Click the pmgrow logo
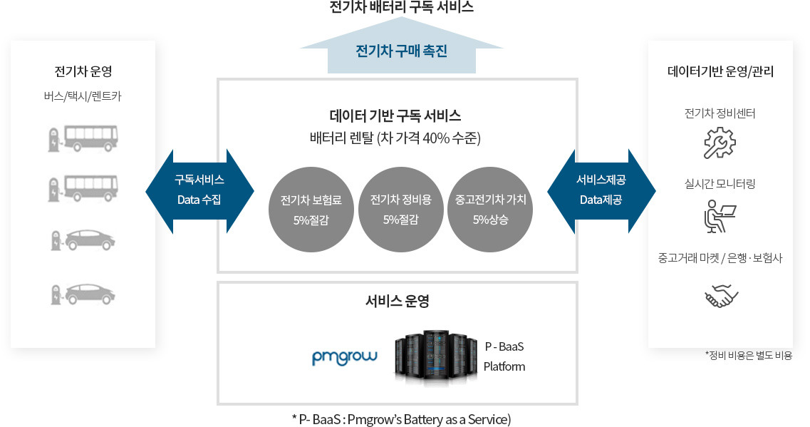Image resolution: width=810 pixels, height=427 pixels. tap(345, 356)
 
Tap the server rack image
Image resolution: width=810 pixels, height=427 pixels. tap(435, 357)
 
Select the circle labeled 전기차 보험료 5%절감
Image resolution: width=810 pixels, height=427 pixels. tap(311, 210)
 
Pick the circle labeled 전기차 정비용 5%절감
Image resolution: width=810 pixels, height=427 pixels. tap(400, 210)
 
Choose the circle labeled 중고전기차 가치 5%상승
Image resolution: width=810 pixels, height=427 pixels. tap(490, 210)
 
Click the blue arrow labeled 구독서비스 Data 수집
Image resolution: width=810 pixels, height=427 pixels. tap(199, 190)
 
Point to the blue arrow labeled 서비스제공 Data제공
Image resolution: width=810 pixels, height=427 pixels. tap(601, 190)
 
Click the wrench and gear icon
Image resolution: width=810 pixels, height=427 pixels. tap(720, 142)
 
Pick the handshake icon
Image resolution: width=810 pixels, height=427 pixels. tap(721, 296)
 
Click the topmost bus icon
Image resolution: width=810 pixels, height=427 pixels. tap(83, 139)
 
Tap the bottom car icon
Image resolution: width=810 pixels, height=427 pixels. tap(83, 294)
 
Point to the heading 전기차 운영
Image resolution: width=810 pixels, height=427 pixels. tap(83, 72)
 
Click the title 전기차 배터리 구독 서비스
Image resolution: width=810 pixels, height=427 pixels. tap(401, 8)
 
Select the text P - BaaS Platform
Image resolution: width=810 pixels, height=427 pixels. tap(504, 356)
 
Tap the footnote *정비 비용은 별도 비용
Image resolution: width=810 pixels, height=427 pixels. tap(748, 355)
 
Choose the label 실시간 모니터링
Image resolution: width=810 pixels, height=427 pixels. tap(720, 184)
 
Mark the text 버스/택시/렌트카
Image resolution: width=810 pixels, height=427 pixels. tap(83, 96)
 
